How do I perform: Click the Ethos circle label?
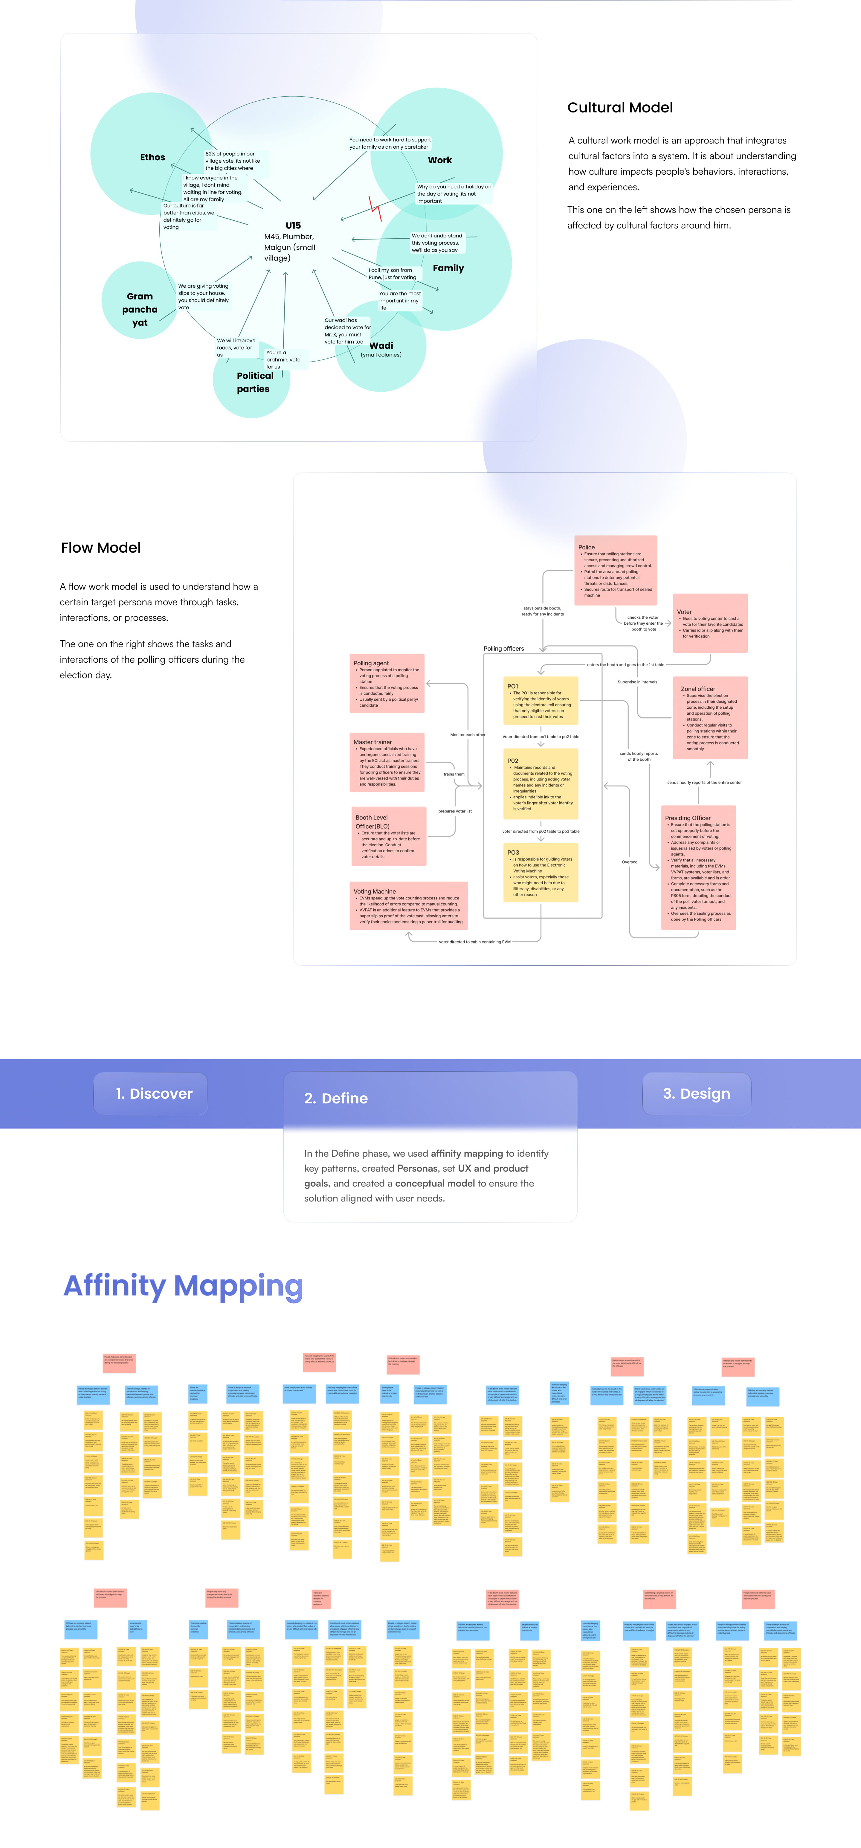point(152,157)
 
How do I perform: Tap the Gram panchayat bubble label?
point(140,309)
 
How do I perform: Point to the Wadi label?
point(381,346)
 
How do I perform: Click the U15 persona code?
point(293,225)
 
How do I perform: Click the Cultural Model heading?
point(620,108)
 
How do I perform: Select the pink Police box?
point(616,570)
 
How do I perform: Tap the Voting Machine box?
point(408,905)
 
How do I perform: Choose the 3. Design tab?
point(696,1093)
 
